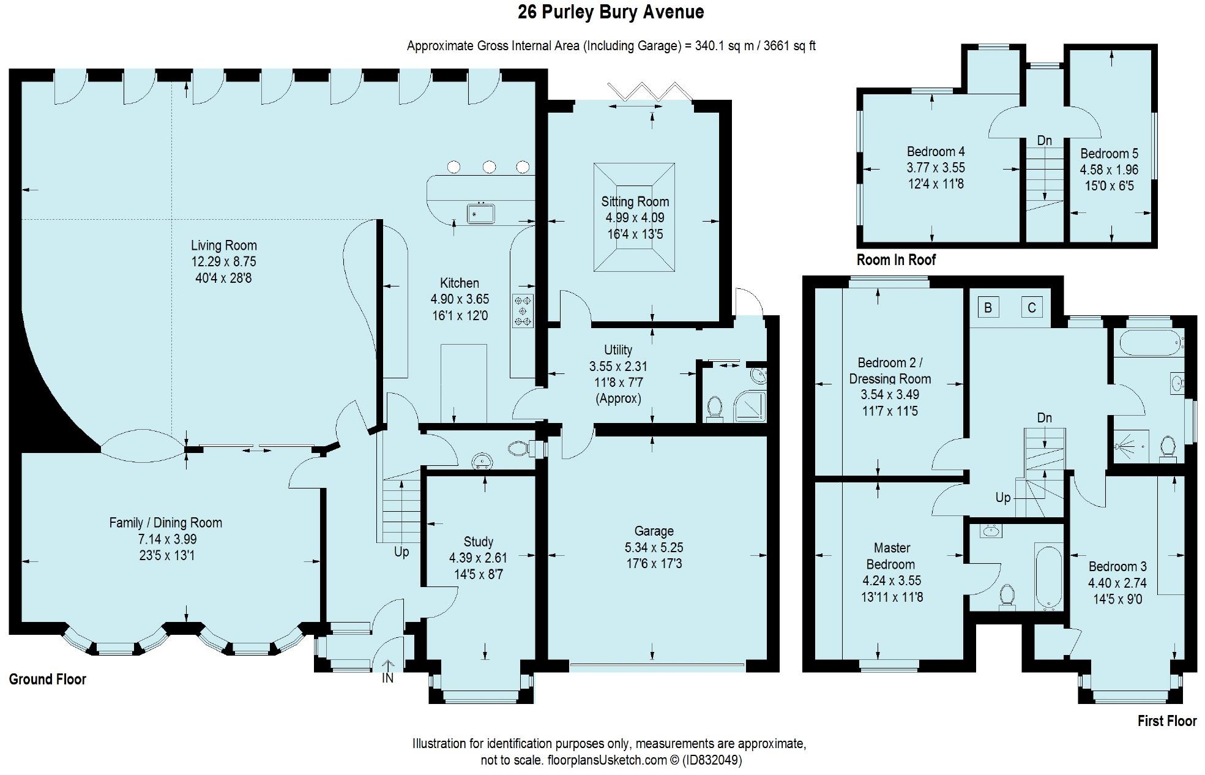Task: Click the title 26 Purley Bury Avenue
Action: (611, 12)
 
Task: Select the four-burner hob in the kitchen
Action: (523, 311)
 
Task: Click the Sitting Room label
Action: (635, 201)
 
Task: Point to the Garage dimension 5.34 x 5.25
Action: (654, 547)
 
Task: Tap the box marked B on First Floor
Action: (988, 307)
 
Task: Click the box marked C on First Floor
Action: (1032, 307)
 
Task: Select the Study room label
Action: (478, 542)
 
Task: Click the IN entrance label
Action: (387, 678)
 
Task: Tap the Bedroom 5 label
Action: (1109, 154)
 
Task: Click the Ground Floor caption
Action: (48, 679)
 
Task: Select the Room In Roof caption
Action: (896, 260)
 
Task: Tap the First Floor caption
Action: (1167, 721)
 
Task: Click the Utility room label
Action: (618, 350)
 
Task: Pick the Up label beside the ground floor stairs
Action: (401, 552)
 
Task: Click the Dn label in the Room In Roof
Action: (1045, 140)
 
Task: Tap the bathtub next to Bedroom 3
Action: (1048, 576)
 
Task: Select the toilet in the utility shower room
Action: (714, 408)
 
